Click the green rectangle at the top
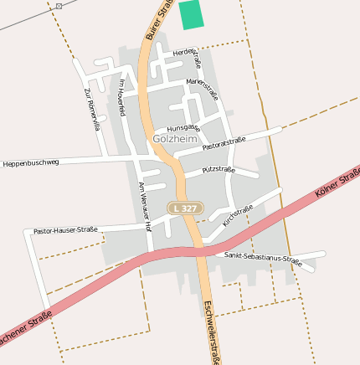[x=192, y=15]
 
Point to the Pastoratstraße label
[x=224, y=143]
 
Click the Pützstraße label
[x=219, y=170]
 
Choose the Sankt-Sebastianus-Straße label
[x=263, y=258]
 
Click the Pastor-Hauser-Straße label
[x=65, y=229]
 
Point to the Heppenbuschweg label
[x=31, y=162]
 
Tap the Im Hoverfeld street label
[x=121, y=97]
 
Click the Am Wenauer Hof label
[x=144, y=205]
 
